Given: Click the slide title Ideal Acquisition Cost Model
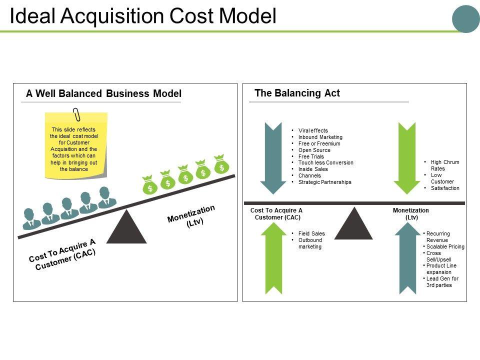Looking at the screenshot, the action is (x=143, y=16).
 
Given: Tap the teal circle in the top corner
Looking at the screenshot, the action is (x=465, y=19).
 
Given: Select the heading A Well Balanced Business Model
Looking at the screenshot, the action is (x=103, y=93).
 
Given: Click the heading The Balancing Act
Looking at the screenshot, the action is (x=297, y=93).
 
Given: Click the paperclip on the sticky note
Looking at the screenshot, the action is (x=76, y=114).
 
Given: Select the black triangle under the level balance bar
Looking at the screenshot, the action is (x=353, y=224).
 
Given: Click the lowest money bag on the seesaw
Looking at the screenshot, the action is (x=149, y=185).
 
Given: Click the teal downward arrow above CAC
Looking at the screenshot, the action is (x=273, y=158).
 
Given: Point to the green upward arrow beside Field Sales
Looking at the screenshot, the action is (x=273, y=257).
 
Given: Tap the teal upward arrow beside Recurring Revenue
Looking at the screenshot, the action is (x=408, y=257).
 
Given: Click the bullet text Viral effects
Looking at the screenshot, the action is (x=313, y=131).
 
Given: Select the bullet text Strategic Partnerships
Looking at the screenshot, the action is (x=324, y=182).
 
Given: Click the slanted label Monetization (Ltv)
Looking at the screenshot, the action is (x=192, y=217).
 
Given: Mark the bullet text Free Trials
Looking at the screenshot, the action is (x=311, y=156).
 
